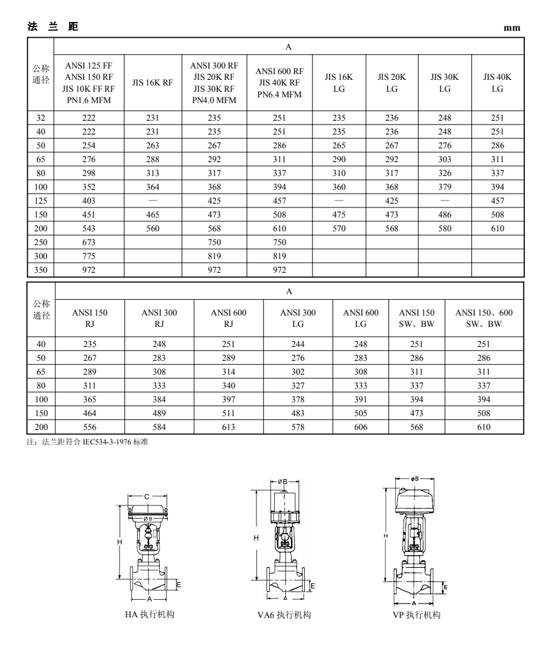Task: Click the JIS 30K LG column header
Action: tap(444, 82)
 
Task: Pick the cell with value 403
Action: tap(89, 201)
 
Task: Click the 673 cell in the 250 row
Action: tap(89, 243)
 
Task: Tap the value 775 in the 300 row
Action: tap(89, 256)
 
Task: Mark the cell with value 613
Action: tap(228, 427)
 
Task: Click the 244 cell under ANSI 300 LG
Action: tap(297, 344)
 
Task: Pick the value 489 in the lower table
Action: tap(158, 413)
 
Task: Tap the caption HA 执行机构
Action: tap(149, 614)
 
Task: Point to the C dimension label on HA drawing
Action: tap(146, 497)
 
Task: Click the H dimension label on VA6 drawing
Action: tap(256, 537)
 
